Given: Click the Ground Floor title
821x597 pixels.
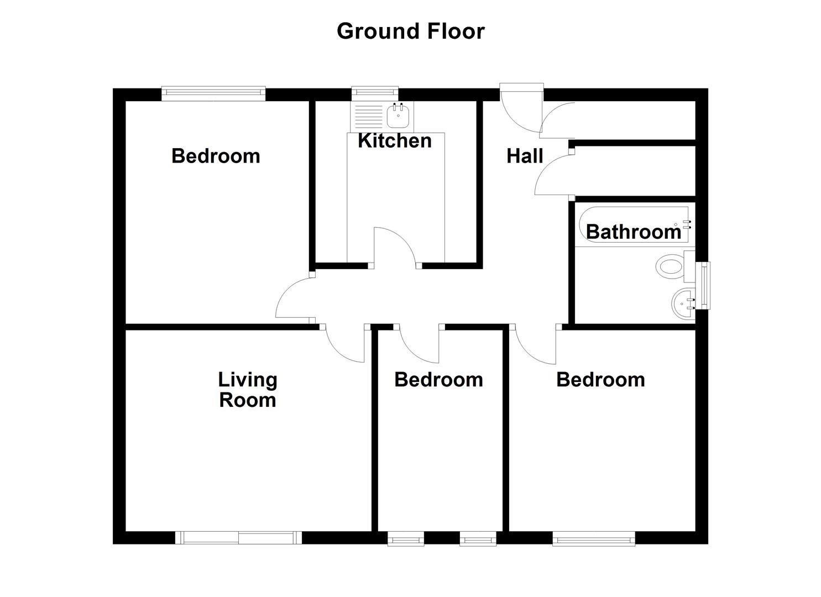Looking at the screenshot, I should coord(410,31).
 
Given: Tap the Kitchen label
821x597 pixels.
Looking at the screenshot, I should coord(394,140).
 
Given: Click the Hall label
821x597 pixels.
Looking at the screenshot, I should coord(525,156).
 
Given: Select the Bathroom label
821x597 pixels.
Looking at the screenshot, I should coord(634,232).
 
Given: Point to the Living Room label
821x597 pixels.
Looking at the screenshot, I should coord(247,390).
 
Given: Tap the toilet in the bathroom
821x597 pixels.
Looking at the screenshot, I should coord(670,266).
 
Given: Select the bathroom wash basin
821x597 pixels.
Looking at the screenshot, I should coord(683,303).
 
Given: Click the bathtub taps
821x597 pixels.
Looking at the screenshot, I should coord(687,224).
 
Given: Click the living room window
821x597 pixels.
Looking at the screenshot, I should coord(239,537).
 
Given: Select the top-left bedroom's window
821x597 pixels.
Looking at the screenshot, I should coord(213,93).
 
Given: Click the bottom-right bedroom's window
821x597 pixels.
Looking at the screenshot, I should coord(593,538).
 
